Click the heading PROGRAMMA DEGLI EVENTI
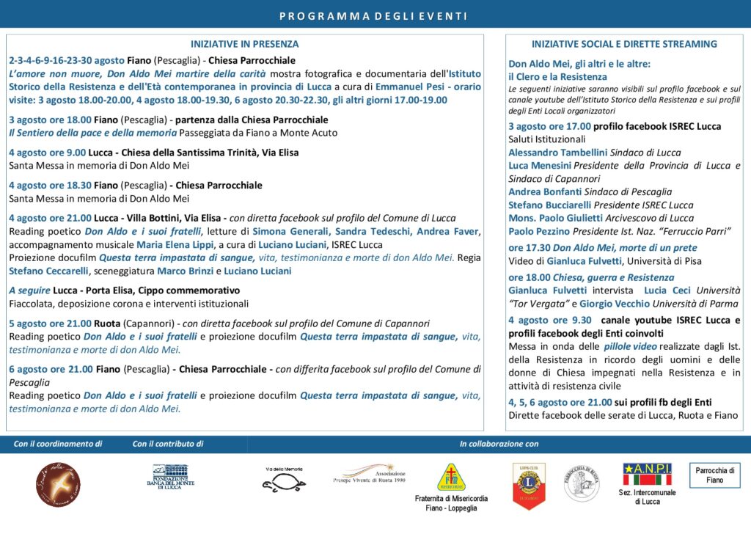click(x=373, y=16)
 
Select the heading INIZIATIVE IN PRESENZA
click(x=245, y=44)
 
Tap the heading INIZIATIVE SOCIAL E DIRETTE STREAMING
click(x=624, y=44)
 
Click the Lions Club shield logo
click(x=527, y=483)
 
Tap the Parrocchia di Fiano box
click(x=715, y=475)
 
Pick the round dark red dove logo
click(x=58, y=484)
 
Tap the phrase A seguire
click(x=30, y=290)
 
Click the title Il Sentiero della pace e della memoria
click(x=92, y=133)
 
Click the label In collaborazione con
click(x=499, y=444)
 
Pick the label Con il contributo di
click(x=168, y=444)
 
